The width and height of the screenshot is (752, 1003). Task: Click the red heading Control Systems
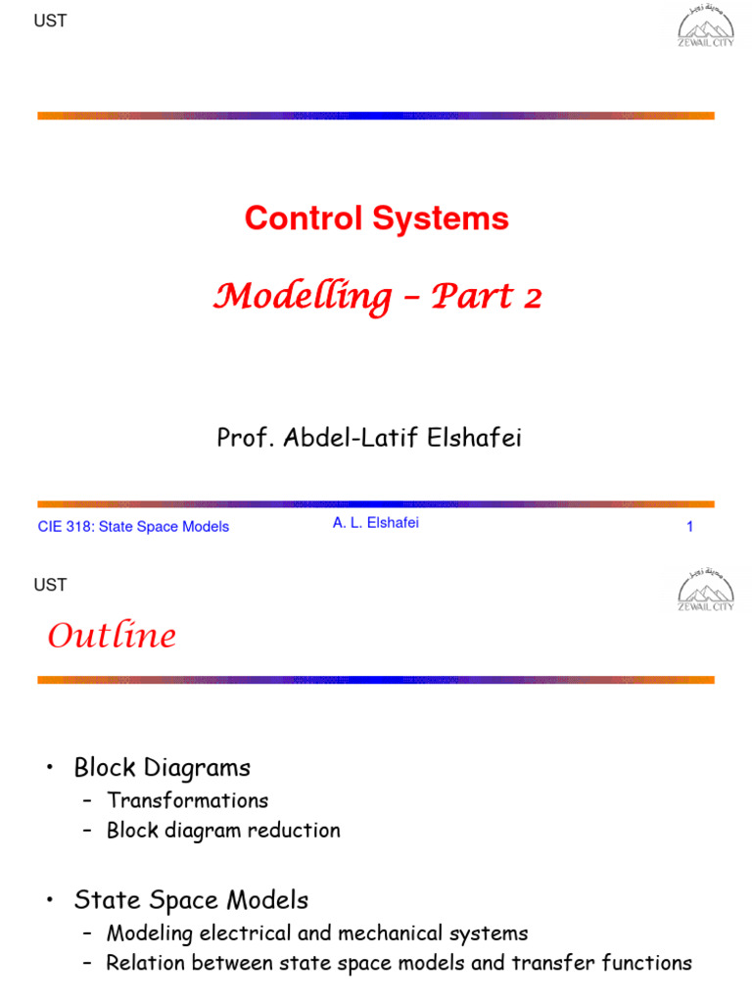377,218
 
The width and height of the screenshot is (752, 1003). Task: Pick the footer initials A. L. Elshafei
375,523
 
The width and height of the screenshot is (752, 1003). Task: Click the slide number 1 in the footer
689,527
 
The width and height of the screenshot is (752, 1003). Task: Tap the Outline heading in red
112,637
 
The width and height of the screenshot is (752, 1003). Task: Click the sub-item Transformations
187,800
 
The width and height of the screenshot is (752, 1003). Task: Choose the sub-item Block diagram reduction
223,831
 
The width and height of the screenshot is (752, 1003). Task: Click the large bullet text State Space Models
191,900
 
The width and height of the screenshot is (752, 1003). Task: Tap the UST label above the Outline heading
50,586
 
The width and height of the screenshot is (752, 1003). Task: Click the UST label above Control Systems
50,21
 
